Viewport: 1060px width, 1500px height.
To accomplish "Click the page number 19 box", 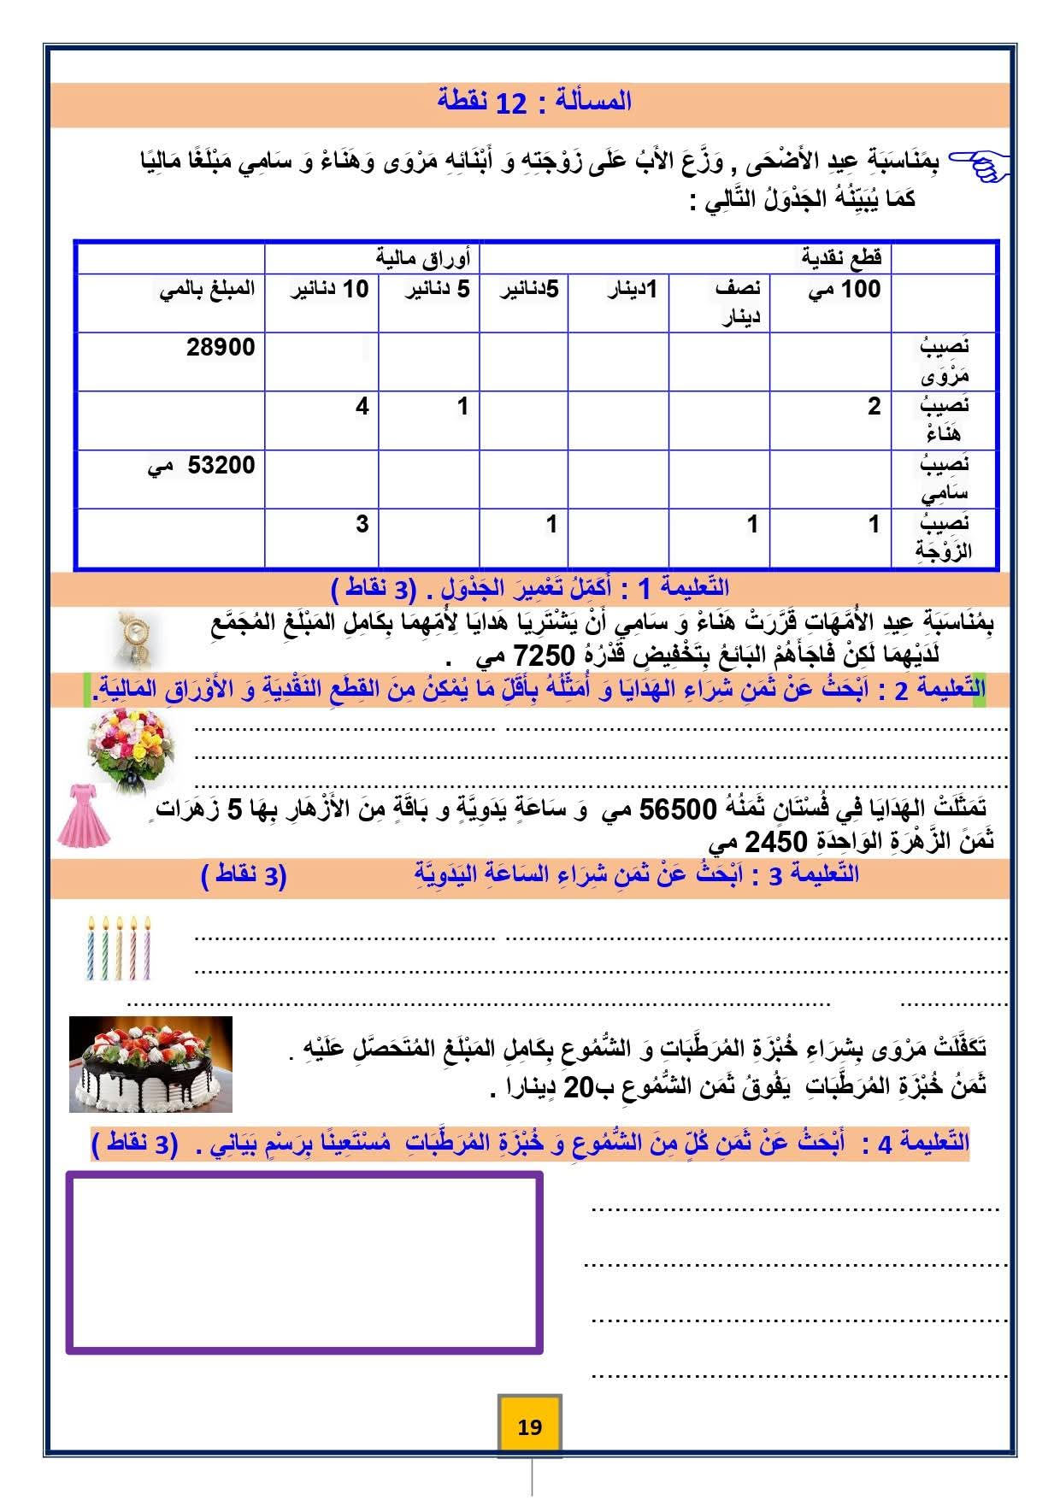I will pos(529,1426).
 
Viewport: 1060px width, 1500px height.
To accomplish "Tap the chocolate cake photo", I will pos(150,1063).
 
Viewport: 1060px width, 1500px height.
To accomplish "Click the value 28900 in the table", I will pos(221,348).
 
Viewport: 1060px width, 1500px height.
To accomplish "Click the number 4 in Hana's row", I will pos(362,407).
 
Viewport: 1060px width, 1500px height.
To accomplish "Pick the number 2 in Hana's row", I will pos(873,407).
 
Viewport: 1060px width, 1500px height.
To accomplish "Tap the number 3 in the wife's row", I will pos(362,524).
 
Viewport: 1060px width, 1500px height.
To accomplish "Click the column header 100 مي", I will pos(844,290).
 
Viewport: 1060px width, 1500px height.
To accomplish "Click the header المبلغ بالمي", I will pos(208,290).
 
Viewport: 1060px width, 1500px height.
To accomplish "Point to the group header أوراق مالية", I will pos(423,256).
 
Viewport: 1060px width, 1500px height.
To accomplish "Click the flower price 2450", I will pos(775,842).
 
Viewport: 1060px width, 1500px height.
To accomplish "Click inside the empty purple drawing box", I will pos(303,1262).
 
